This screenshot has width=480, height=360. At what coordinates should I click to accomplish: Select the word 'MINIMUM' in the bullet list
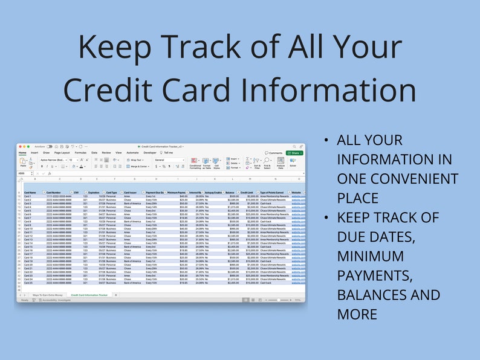[x=371, y=256]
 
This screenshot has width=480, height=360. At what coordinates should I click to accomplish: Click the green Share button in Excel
[x=294, y=153]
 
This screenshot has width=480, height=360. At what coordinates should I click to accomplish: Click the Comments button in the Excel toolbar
[x=274, y=153]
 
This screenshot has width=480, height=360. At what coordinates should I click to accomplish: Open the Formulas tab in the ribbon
[x=80, y=153]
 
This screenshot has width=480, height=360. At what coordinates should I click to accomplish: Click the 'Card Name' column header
[x=30, y=192]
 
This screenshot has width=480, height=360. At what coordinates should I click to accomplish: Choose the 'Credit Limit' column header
[x=247, y=192]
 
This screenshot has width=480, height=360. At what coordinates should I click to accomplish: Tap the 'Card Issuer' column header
[x=130, y=192]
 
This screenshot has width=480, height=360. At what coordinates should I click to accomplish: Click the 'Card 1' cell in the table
[x=28, y=196]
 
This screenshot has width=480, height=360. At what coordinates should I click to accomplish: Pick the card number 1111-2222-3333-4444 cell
[x=59, y=196]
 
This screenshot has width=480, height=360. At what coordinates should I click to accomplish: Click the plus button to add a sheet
[x=116, y=295]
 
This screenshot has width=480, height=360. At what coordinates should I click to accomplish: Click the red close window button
[x=20, y=146]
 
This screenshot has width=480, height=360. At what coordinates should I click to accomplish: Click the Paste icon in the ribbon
[x=23, y=162]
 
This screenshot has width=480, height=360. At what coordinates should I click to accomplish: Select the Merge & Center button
[x=139, y=166]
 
